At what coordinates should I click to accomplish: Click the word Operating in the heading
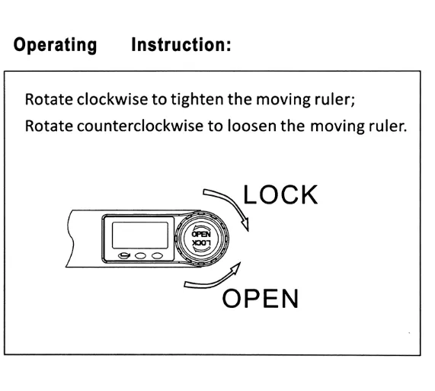pyautogui.click(x=55, y=45)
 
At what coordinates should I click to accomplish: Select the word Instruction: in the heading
pyautogui.click(x=181, y=44)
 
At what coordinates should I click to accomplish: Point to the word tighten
pyautogui.click(x=197, y=99)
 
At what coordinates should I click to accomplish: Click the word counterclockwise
pyautogui.click(x=140, y=126)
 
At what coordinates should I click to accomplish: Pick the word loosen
pyautogui.click(x=251, y=126)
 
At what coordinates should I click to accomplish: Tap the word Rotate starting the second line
pyautogui.click(x=49, y=126)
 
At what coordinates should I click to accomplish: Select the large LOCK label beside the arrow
pyautogui.click(x=280, y=195)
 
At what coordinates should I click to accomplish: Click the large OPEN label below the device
pyautogui.click(x=261, y=298)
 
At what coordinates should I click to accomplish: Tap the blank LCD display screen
pyautogui.click(x=140, y=235)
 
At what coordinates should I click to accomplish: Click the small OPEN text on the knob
pyautogui.click(x=201, y=234)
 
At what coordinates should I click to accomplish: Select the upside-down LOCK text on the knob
pyautogui.click(x=201, y=243)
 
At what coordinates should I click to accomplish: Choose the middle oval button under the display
pyautogui.click(x=140, y=255)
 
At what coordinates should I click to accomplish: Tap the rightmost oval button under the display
pyautogui.click(x=157, y=255)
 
